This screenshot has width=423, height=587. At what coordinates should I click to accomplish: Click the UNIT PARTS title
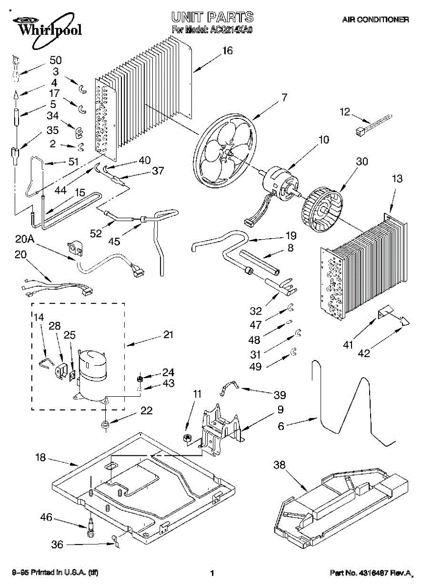click(x=212, y=18)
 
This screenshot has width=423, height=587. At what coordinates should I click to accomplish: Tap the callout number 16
click(x=227, y=51)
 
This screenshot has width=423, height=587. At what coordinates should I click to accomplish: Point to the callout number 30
click(x=362, y=162)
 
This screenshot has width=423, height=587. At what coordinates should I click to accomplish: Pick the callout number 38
click(x=279, y=466)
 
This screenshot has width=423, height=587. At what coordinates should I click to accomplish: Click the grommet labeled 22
click(x=104, y=424)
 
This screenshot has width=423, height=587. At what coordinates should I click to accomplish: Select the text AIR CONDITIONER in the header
click(x=376, y=20)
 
